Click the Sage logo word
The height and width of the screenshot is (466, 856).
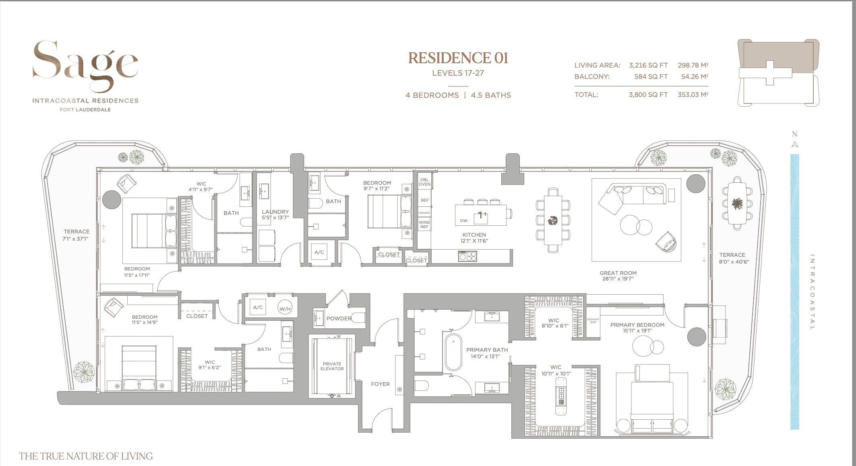(85, 64)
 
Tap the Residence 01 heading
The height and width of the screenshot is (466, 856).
(458, 58)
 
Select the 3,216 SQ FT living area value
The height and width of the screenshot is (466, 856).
(648, 65)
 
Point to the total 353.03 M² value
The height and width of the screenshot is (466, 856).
(693, 95)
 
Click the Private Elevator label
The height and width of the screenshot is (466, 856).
(332, 366)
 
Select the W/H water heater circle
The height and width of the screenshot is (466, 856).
(285, 309)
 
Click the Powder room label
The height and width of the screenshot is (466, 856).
(339, 318)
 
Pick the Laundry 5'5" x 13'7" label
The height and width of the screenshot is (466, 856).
(275, 214)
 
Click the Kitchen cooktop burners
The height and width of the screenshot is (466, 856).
(467, 256)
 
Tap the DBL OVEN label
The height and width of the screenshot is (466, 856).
(424, 181)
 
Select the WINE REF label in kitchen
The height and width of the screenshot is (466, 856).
(424, 225)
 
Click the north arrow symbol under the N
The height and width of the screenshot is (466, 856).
(794, 145)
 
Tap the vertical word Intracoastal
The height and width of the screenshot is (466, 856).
(812, 292)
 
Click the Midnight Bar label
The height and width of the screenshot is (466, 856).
(593, 321)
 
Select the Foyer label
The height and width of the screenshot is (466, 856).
(380, 384)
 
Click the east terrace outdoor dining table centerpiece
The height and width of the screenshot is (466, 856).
(737, 204)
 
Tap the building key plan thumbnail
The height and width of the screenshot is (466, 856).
(778, 73)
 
